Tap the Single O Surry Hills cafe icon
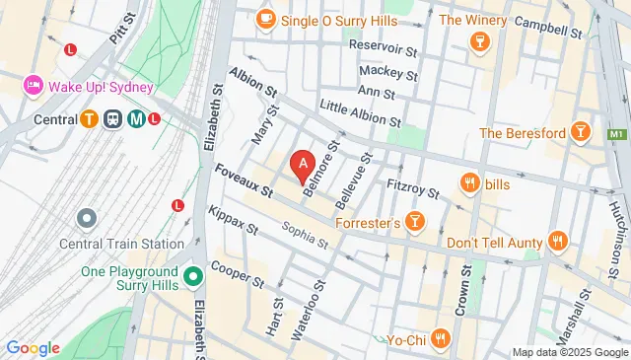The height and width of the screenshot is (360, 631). [265, 19]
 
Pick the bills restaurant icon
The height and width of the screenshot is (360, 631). [469, 182]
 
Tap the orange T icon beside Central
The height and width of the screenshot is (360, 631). [88, 120]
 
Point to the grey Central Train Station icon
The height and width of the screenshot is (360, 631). [87, 217]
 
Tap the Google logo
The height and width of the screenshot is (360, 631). [33, 347]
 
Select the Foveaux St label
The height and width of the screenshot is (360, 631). [243, 179]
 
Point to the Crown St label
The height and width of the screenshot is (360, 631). [459, 289]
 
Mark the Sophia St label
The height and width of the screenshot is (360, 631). [304, 232]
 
